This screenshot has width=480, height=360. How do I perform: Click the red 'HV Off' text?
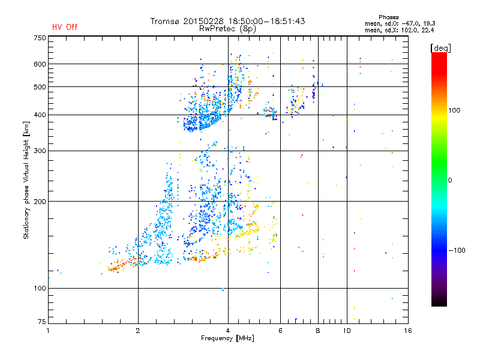[65, 27]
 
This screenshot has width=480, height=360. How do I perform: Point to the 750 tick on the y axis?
[40, 38]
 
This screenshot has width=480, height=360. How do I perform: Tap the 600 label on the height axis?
[40, 64]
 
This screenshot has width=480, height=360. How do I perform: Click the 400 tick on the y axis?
[40, 115]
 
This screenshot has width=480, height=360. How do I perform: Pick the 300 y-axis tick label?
[40, 151]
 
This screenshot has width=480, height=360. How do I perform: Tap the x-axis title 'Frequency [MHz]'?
[227, 338]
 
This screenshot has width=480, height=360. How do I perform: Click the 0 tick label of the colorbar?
[450, 181]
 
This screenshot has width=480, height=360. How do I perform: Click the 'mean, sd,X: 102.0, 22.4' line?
[399, 29]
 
